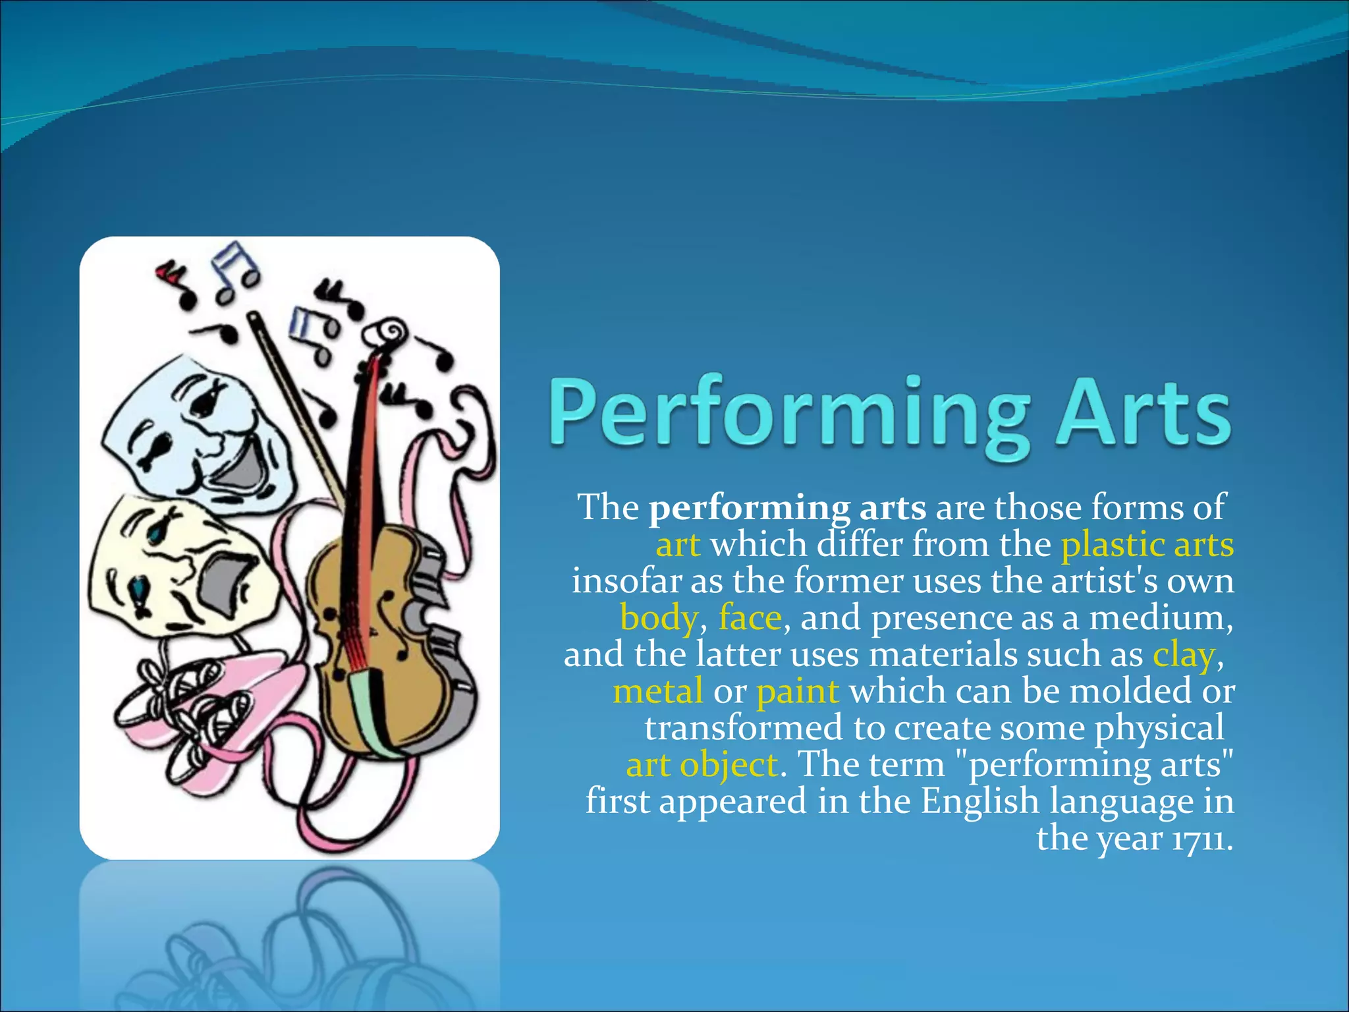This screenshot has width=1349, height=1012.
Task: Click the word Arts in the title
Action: point(1143,411)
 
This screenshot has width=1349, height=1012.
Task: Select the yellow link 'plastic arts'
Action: point(1147,545)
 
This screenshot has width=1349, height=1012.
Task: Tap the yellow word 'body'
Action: point(659,618)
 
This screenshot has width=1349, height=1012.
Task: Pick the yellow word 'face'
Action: point(750,618)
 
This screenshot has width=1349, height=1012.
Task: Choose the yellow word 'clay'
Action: point(1183,655)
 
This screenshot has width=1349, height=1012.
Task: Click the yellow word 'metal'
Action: point(657,692)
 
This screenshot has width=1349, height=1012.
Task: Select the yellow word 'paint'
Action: point(797,692)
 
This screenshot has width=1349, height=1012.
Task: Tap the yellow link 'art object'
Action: point(702,765)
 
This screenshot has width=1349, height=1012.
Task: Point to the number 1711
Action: point(1199,839)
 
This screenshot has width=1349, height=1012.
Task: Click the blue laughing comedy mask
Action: point(198,428)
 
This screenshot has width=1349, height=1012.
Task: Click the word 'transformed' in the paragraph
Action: point(744,728)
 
